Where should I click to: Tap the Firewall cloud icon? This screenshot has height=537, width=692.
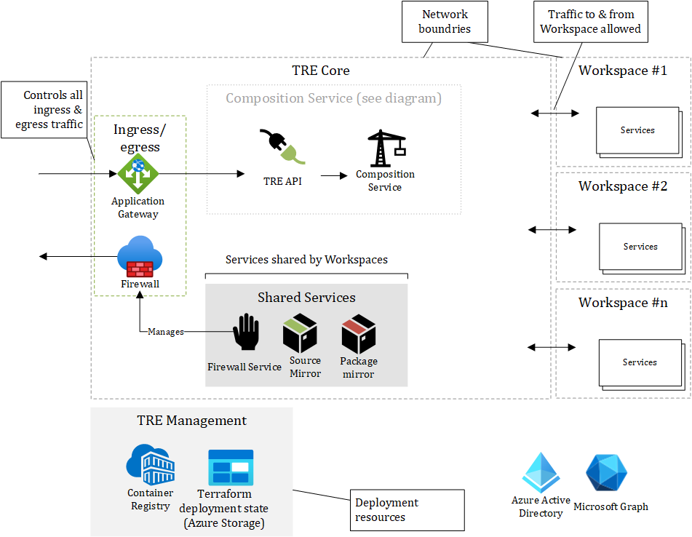tap(140, 257)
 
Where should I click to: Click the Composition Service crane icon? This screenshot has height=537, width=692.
tap(386, 148)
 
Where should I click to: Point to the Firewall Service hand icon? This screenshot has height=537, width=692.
tap(245, 336)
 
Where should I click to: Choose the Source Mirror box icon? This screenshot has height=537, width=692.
tap(301, 333)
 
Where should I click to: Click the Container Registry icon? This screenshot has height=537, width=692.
tap(151, 464)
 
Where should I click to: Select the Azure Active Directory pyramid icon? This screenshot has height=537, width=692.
tap(541, 473)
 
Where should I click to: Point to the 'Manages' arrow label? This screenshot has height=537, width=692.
tap(166, 332)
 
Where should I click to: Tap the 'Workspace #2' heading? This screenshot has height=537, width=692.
tap(623, 186)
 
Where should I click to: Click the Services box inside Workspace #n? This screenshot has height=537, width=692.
tap(640, 362)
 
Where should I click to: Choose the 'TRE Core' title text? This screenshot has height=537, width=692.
tap(321, 71)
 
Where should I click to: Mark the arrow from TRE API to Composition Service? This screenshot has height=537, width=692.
tap(335, 175)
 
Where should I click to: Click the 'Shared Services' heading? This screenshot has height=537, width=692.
tap(306, 298)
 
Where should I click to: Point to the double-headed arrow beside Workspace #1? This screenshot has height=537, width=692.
tap(554, 113)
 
